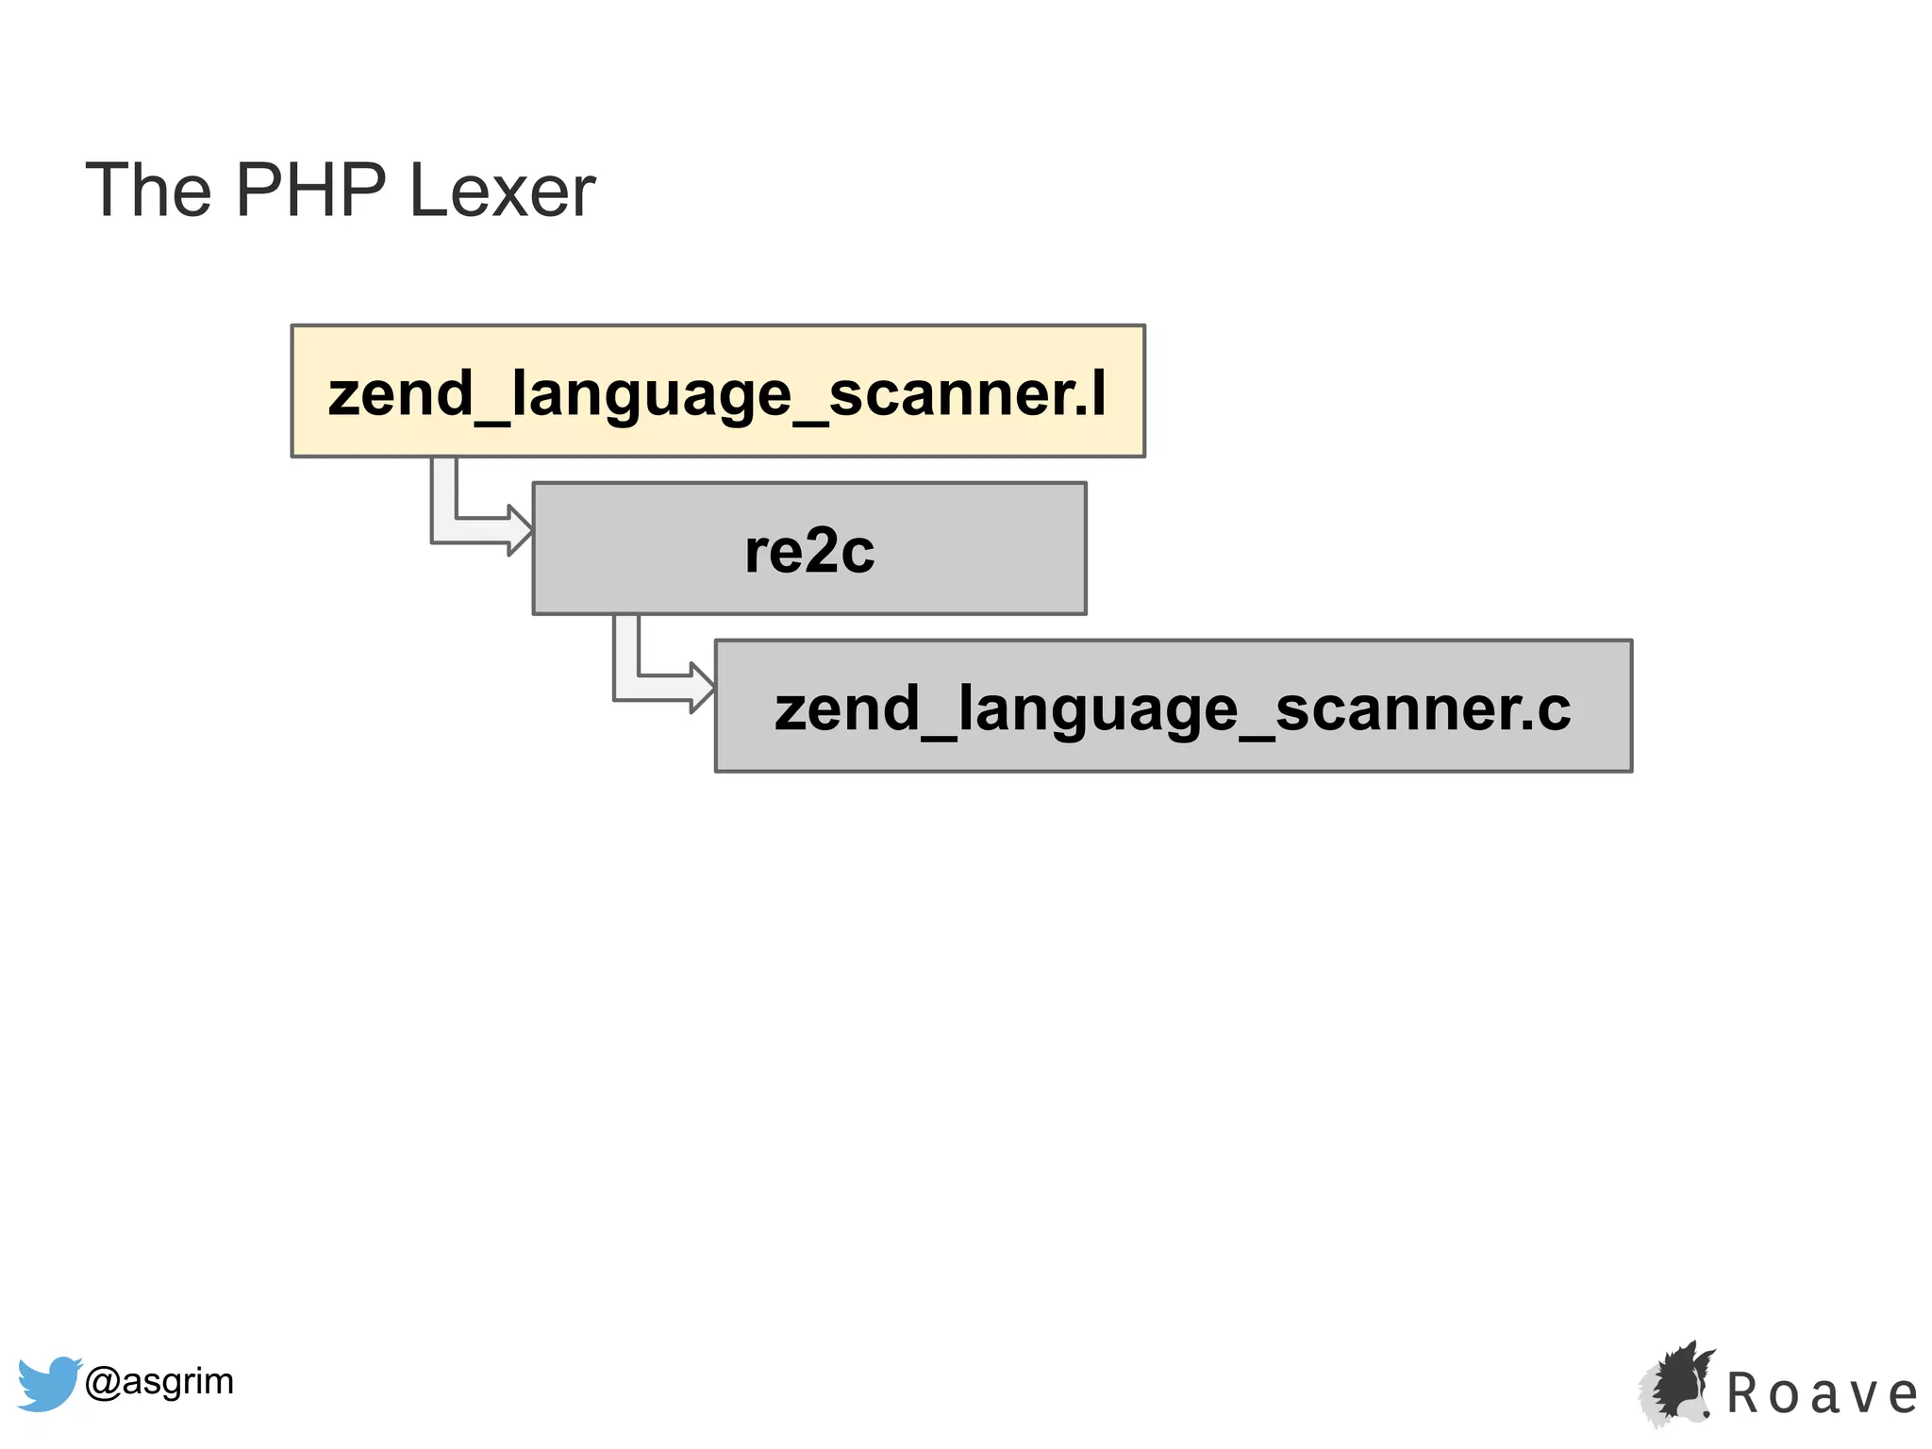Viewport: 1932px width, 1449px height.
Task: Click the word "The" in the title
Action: tap(148, 191)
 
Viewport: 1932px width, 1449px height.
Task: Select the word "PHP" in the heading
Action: tap(310, 191)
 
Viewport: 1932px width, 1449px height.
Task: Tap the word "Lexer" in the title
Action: tap(501, 191)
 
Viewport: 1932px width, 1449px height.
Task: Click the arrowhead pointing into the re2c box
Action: tap(520, 530)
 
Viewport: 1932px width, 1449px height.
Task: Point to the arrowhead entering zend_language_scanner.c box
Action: tap(702, 688)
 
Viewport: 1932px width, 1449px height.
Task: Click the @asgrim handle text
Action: tap(158, 1381)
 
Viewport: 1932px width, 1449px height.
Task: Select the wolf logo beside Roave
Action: tap(1676, 1384)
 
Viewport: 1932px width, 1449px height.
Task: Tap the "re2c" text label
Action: tap(808, 551)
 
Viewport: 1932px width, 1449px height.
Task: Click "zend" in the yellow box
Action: tap(400, 394)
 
